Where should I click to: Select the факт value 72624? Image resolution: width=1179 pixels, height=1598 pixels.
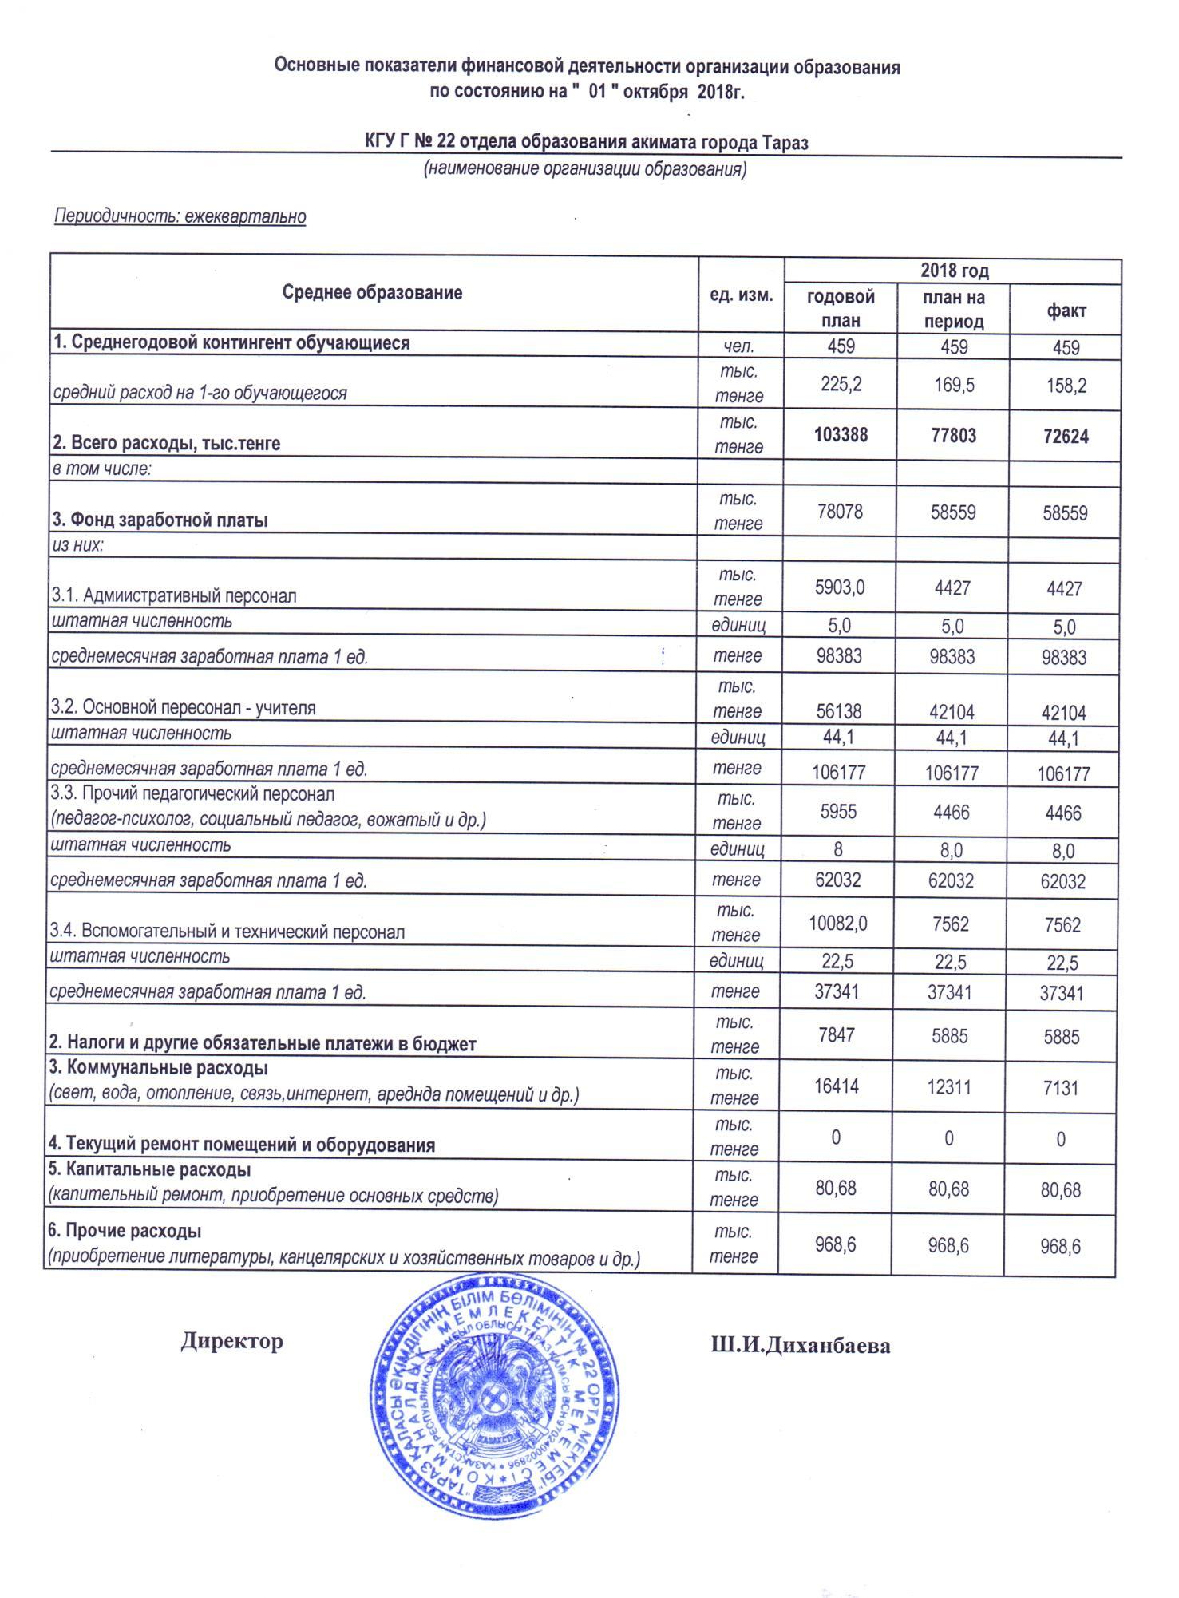1066,437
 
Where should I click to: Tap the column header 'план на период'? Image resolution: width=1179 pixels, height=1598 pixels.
953,309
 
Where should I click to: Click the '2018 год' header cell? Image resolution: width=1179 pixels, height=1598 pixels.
954,271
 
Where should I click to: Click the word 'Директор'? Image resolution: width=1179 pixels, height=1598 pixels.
231,1340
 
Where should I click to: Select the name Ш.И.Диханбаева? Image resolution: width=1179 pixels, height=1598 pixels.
801,1346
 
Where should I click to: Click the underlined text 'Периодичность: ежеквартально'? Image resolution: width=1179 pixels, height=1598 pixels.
180,216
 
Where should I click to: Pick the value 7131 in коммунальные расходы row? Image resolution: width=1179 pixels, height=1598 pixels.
1061,1088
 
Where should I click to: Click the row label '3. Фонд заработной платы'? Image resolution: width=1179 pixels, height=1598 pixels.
160,520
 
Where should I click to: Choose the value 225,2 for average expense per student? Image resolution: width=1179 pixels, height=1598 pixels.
840,385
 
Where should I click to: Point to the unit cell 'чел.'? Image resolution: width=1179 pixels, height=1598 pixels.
739,346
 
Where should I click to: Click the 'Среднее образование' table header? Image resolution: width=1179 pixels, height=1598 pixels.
372,293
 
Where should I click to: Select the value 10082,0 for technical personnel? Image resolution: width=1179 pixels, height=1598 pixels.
838,924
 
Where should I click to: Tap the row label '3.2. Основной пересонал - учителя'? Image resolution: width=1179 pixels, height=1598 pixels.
184,708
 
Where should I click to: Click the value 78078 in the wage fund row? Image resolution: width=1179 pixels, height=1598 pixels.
839,511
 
